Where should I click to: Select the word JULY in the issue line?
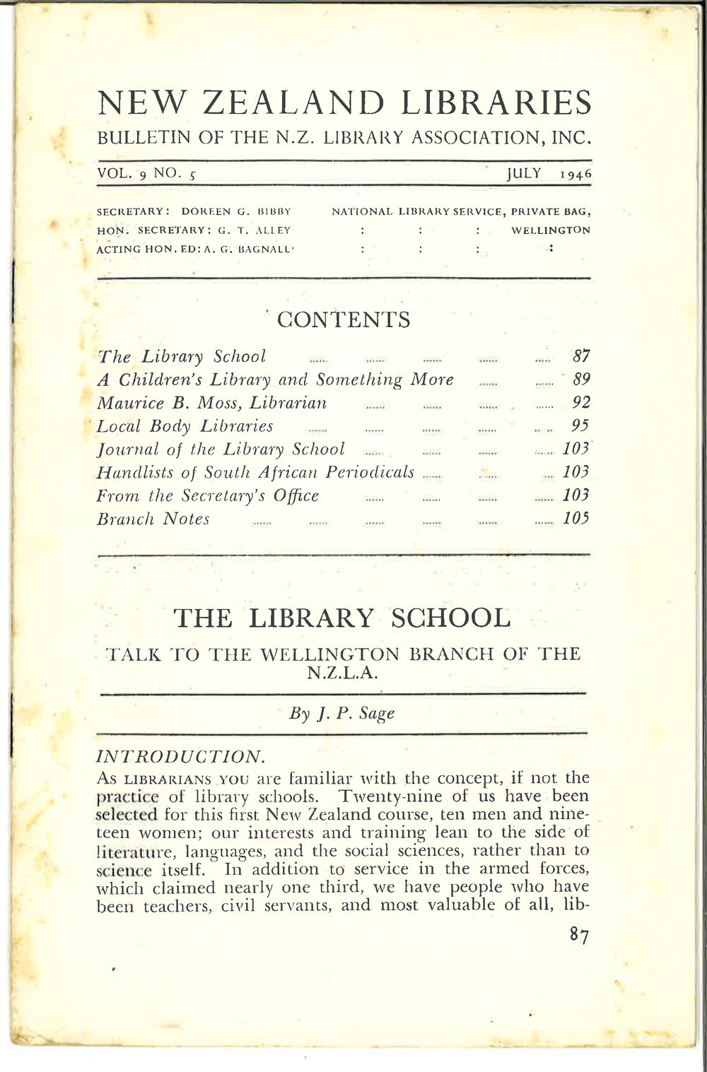pyautogui.click(x=524, y=173)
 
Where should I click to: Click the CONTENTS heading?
pyautogui.click(x=344, y=320)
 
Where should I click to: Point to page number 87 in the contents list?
pyautogui.click(x=581, y=356)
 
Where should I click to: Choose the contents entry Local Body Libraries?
pyautogui.click(x=185, y=426)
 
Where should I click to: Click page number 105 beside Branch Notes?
pyautogui.click(x=576, y=519)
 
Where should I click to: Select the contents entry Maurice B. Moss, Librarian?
pyautogui.click(x=211, y=403)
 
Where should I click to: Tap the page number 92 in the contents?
pyautogui.click(x=581, y=403)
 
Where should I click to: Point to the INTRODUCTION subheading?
pyautogui.click(x=180, y=757)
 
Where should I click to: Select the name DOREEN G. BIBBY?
pyautogui.click(x=236, y=211)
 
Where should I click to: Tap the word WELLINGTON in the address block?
pyautogui.click(x=551, y=230)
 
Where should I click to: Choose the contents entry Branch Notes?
pyautogui.click(x=153, y=519)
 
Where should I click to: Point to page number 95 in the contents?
pyautogui.click(x=581, y=426)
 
